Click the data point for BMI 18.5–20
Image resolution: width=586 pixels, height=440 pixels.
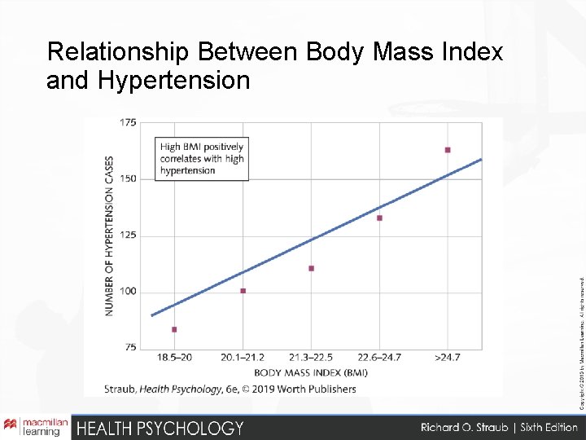tap(174, 329)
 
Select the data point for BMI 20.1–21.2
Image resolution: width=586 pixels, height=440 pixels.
tap(243, 291)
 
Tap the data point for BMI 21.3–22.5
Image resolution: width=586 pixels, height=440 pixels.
tap(312, 268)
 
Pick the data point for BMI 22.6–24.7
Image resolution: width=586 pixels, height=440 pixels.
tap(379, 218)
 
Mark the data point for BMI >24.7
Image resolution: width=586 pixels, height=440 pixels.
tap(448, 150)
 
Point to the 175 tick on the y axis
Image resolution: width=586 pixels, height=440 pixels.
tap(128, 123)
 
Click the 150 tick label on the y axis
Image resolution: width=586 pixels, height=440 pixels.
tap(128, 178)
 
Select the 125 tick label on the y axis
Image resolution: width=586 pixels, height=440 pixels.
tap(128, 235)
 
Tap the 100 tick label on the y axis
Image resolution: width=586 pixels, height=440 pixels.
tap(128, 292)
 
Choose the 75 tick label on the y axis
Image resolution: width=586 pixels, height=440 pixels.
tap(130, 348)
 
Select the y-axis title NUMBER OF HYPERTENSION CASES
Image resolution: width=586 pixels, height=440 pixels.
tap(110, 235)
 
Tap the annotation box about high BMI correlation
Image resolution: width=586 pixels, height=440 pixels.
tap(202, 159)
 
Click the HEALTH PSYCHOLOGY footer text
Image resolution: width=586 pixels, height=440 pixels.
tap(160, 428)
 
